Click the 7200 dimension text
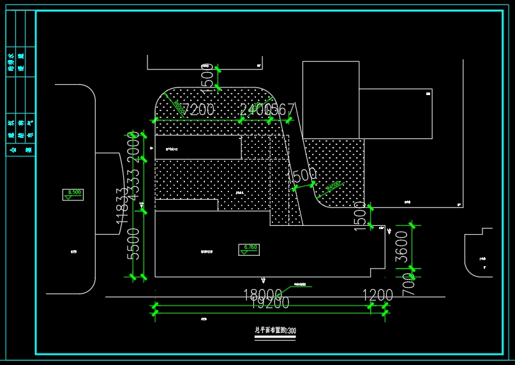coord(198,110)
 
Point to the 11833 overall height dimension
coord(122,207)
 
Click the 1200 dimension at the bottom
coord(378,295)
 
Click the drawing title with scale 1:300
coord(276,331)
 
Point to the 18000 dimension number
coord(262,295)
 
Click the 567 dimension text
coord(281,110)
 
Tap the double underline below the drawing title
coord(276,338)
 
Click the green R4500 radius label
coord(332,186)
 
